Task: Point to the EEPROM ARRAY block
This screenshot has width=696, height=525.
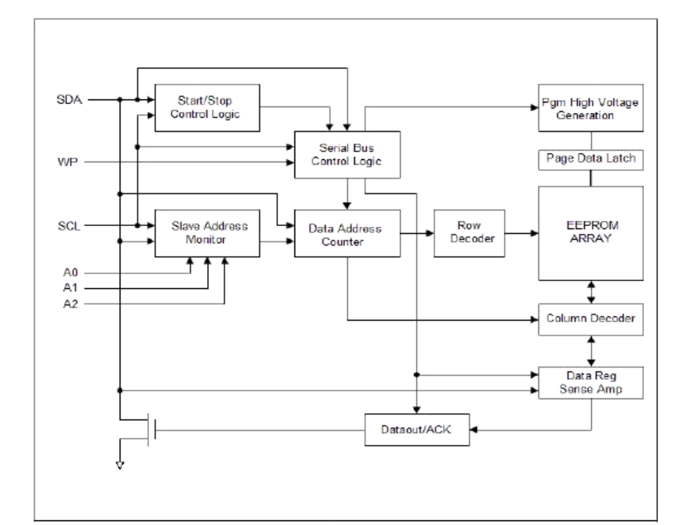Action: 591,233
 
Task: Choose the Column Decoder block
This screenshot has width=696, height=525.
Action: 591,318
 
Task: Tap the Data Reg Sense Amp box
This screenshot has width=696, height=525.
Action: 591,381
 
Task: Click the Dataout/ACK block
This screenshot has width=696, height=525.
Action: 417,429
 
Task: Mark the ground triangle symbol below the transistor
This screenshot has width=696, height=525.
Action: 120,465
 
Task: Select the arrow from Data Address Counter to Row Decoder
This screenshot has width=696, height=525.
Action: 417,231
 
